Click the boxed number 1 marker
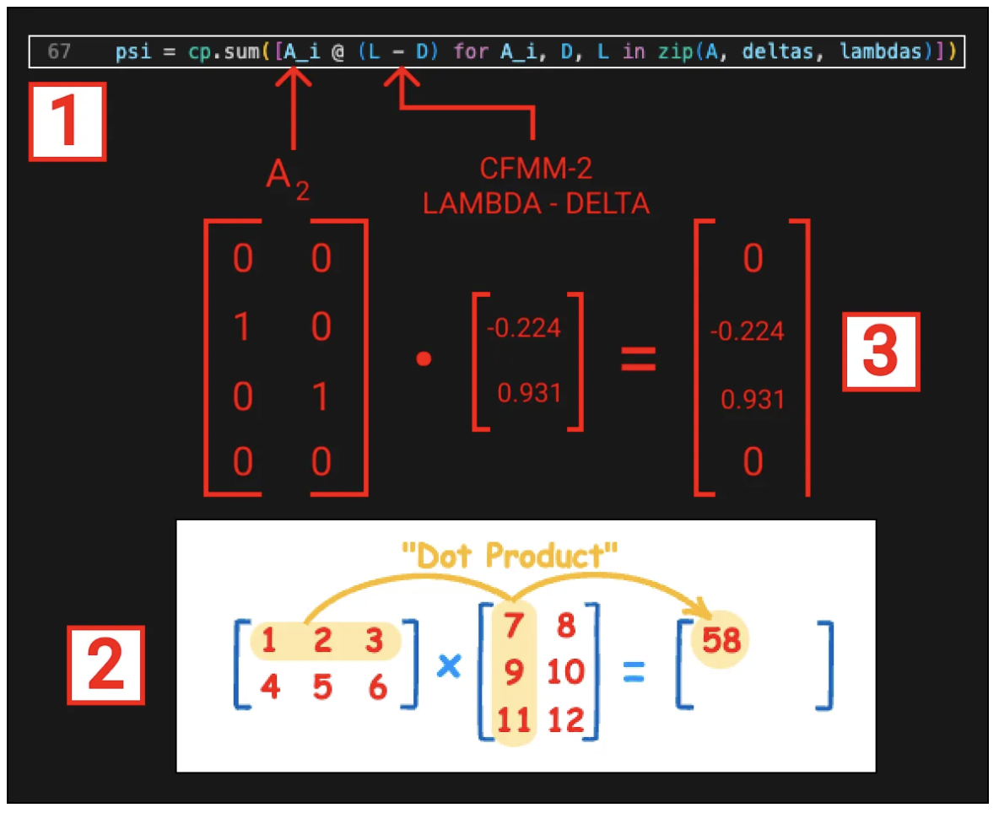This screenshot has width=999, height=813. pyautogui.click(x=67, y=121)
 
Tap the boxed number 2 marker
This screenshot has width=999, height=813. pyautogui.click(x=105, y=665)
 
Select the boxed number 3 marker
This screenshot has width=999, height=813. pyautogui.click(x=881, y=351)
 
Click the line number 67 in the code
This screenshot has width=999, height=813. pyautogui.click(x=59, y=51)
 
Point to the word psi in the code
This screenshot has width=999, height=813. pyautogui.click(x=133, y=51)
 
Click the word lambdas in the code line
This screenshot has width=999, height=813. pyautogui.click(x=881, y=51)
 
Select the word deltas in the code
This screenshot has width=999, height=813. pyautogui.click(x=778, y=51)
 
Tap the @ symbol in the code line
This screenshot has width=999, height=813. pyautogui.click(x=337, y=51)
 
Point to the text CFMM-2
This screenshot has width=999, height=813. pyautogui.click(x=536, y=169)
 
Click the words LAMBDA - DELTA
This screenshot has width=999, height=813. pyautogui.click(x=536, y=204)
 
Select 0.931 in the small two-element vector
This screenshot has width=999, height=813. pyautogui.click(x=529, y=393)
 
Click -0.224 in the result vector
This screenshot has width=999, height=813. pyautogui.click(x=748, y=331)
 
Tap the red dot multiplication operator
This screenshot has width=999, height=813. pyautogui.click(x=424, y=359)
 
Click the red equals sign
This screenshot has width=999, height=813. pyautogui.click(x=639, y=358)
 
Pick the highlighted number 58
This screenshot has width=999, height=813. pyautogui.click(x=721, y=639)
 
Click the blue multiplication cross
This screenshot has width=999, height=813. pyautogui.click(x=449, y=666)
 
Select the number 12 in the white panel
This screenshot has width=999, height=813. pyautogui.click(x=566, y=719)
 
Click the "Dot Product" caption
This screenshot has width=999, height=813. pyautogui.click(x=510, y=555)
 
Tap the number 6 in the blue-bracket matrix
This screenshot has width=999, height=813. pyautogui.click(x=378, y=687)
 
